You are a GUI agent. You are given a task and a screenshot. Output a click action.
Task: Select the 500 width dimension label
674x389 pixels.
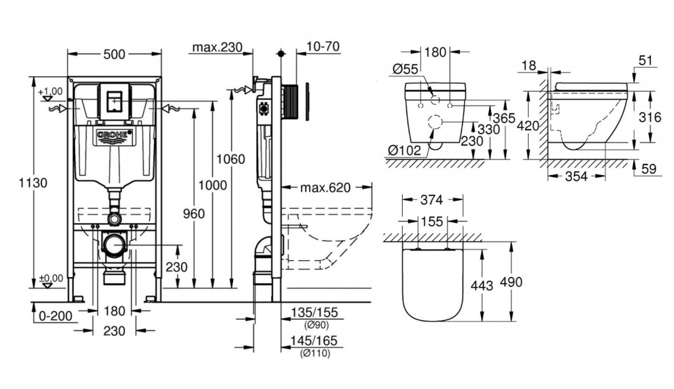[x=115, y=55]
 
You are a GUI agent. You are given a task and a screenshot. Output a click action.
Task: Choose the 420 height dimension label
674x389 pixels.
[x=529, y=124]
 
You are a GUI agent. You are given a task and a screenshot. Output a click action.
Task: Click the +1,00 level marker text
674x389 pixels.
[x=50, y=91]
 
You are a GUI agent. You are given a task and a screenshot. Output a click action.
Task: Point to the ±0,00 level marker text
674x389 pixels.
[x=51, y=278]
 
